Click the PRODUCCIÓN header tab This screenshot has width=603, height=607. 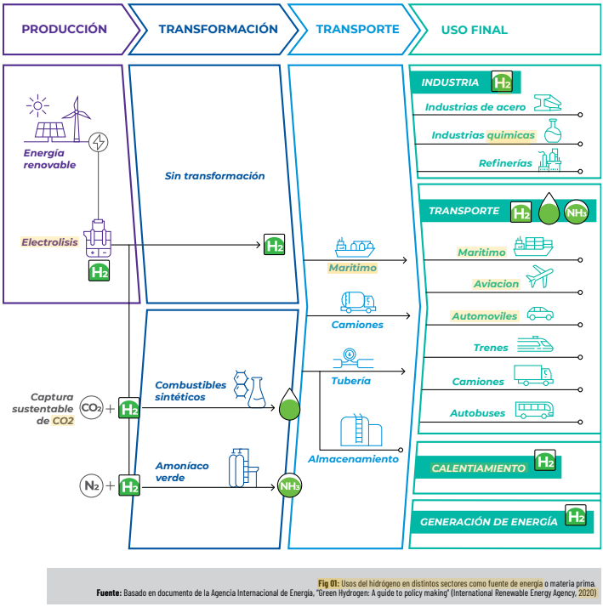click(x=64, y=29)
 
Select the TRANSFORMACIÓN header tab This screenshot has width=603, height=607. click(x=218, y=29)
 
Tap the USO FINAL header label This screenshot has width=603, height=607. click(x=474, y=30)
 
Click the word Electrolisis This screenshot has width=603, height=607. click(x=50, y=242)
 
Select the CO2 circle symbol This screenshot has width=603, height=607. click(x=91, y=409)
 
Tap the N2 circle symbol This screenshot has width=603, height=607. click(x=91, y=486)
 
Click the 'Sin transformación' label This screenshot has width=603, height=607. click(x=214, y=176)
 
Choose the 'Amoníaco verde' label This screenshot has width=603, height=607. click(x=182, y=472)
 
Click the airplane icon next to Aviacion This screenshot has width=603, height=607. click(x=539, y=277)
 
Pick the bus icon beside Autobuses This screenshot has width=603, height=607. click(x=535, y=411)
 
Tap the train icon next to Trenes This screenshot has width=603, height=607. click(x=535, y=344)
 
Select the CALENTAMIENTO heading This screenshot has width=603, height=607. click(x=478, y=468)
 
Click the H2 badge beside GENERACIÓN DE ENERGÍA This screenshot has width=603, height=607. click(x=576, y=516)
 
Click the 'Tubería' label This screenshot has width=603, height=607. click(x=350, y=381)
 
